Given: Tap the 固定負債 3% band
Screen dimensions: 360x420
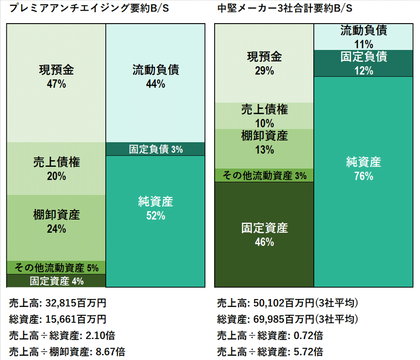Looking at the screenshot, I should [x=156, y=149].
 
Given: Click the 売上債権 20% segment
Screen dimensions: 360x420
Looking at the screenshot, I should [x=56, y=169].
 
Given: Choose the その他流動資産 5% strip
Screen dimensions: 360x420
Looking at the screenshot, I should [x=56, y=268].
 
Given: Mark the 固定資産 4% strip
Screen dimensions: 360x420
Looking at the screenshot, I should [x=56, y=281].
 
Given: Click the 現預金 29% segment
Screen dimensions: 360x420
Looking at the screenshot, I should [x=264, y=63].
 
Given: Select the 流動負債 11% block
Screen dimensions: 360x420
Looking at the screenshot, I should [x=363, y=37].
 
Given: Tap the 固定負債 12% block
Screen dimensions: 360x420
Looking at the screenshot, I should [x=363, y=63].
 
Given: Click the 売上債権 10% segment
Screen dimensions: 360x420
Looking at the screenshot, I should [x=264, y=116].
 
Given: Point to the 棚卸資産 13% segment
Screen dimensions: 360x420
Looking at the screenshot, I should [x=264, y=142].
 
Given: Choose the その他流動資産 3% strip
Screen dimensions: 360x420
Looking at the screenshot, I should [x=264, y=176].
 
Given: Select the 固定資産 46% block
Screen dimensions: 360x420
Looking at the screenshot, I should [x=264, y=234].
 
